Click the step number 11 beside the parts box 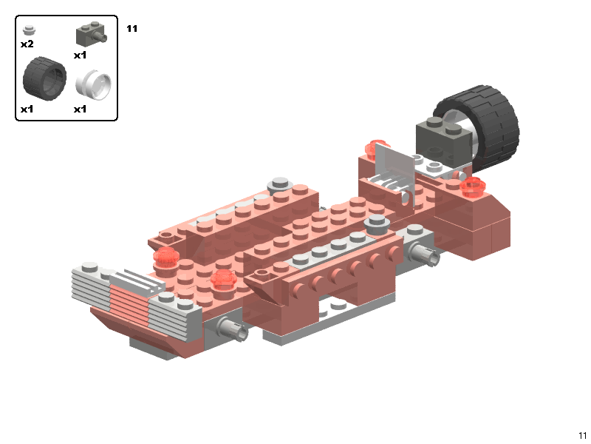[132, 29]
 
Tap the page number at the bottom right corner [582, 435]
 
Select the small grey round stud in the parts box [29, 30]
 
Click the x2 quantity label [27, 44]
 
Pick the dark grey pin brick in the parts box [91, 34]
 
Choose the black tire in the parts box [44, 78]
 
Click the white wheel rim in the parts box [94, 84]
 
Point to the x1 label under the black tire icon [27, 110]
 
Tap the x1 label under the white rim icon [80, 110]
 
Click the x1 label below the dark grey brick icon [80, 55]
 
